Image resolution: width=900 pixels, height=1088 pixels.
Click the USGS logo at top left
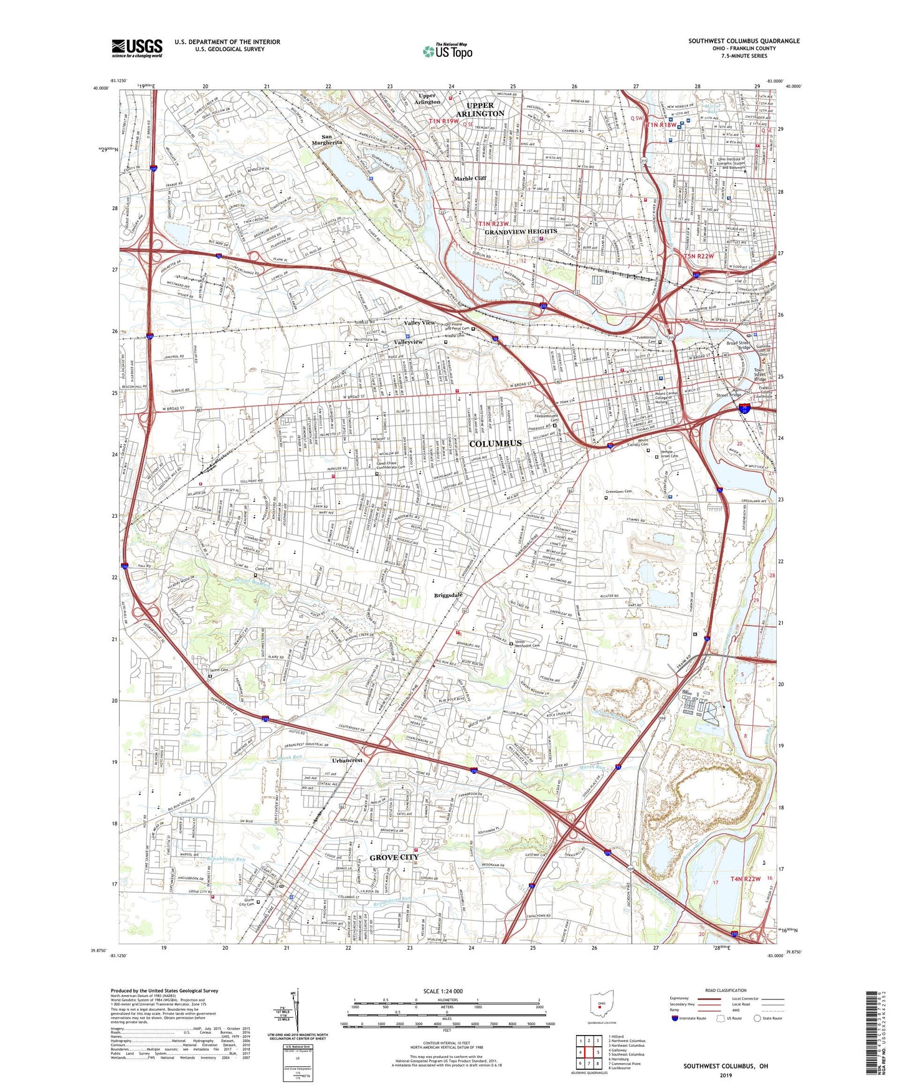point(137,48)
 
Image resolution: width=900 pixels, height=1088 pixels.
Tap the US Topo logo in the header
point(447,51)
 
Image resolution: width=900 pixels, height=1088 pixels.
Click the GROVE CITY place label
point(394,857)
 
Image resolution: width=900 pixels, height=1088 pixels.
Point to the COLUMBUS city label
point(495,443)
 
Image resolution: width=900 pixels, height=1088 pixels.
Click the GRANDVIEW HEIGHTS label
point(521,232)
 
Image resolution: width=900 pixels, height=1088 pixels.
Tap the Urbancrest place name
point(347,760)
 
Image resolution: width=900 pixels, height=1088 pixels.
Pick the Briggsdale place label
point(448,595)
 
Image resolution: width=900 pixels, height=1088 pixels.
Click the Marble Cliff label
point(470,178)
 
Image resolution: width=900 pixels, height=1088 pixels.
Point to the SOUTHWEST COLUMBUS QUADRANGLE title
point(744,41)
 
